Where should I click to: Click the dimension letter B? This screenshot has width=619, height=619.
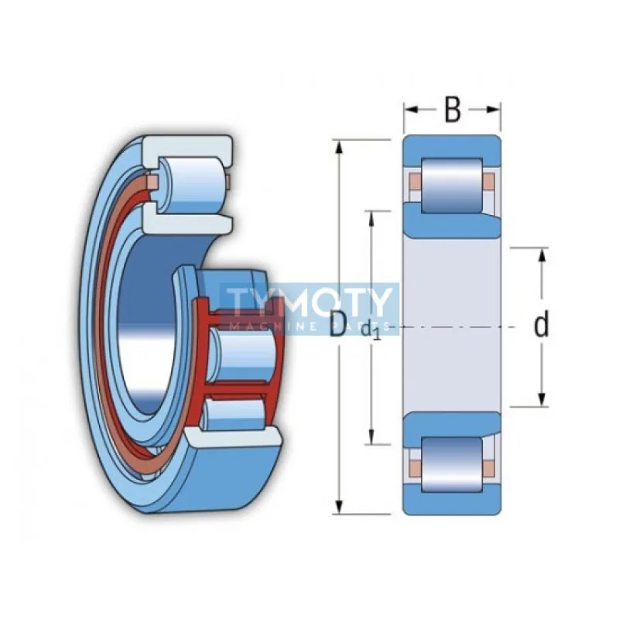click(x=453, y=110)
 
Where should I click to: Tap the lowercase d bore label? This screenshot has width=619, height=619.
click(x=542, y=326)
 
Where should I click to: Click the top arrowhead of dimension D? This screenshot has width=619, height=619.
click(x=338, y=145)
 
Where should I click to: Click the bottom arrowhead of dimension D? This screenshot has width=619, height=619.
click(x=338, y=508)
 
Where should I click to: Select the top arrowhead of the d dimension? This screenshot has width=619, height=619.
click(x=542, y=255)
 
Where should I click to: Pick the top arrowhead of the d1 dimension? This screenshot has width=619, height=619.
click(x=372, y=217)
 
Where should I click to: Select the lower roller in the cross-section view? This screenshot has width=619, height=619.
click(x=452, y=464)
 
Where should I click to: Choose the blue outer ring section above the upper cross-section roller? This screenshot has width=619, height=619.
click(x=452, y=147)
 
